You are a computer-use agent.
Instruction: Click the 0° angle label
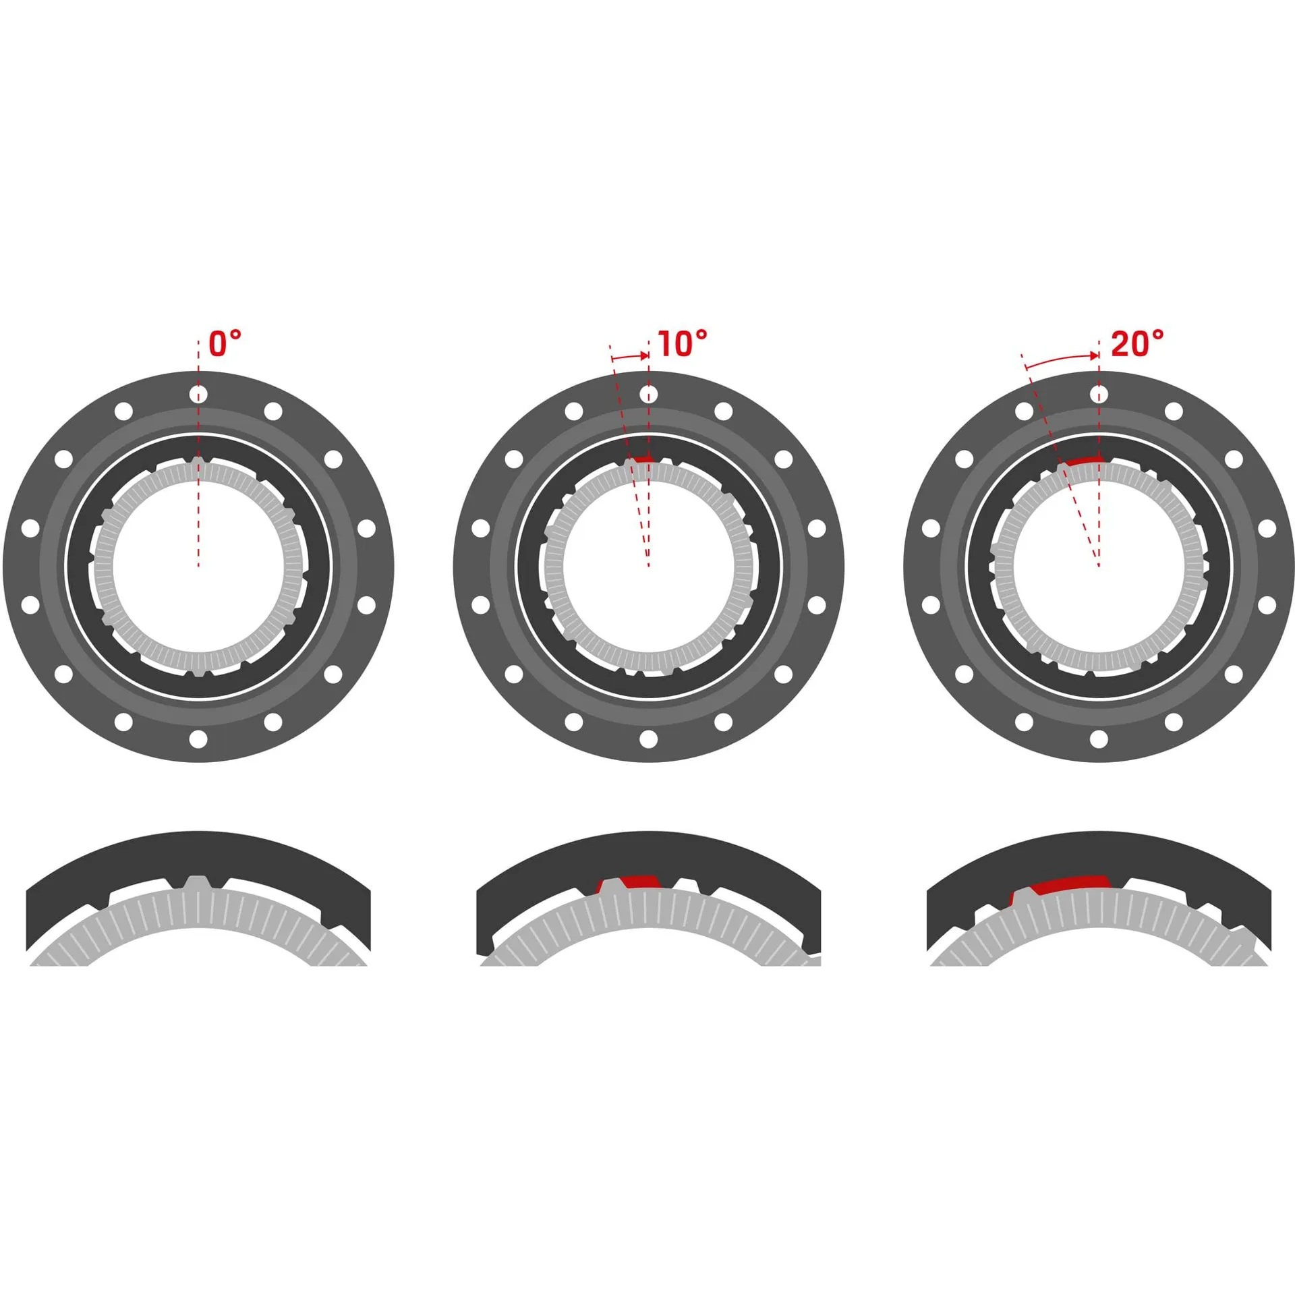[225, 343]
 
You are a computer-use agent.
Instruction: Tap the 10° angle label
[683, 343]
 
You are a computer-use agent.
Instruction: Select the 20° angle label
[1137, 343]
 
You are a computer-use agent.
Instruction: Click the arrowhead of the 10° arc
[644, 355]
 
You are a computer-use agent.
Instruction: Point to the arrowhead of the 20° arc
[1094, 355]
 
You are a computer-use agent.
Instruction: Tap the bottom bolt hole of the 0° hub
[198, 739]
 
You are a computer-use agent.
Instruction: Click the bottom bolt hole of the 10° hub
[649, 739]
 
